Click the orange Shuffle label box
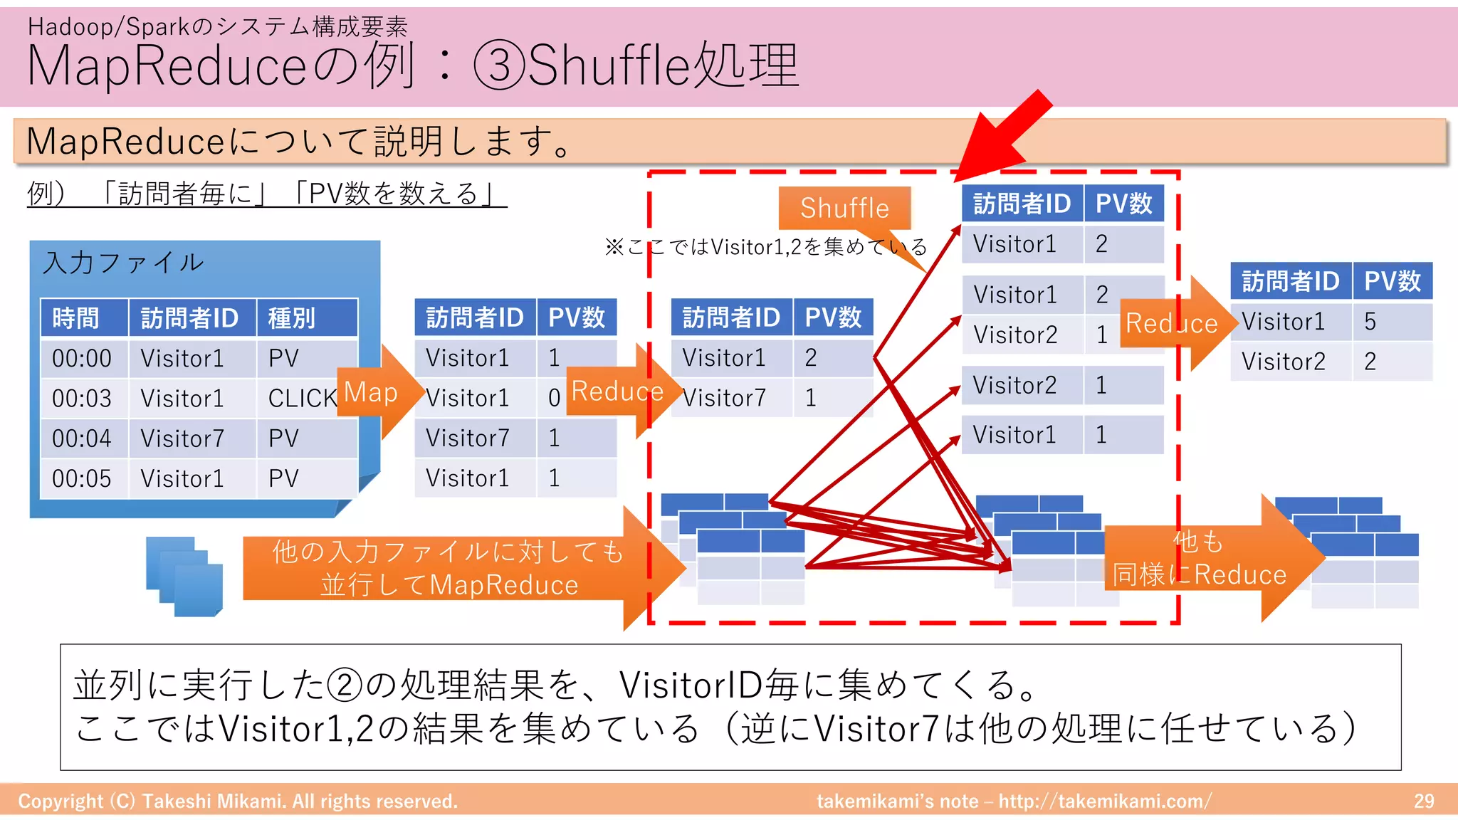[844, 208]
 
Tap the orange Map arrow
[374, 392]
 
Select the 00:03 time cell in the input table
[82, 399]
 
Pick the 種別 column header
[292, 317]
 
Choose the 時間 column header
[76, 317]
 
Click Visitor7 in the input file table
[182, 438]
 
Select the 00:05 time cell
[82, 478]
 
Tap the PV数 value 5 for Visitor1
[1370, 322]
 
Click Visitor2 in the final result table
[1283, 362]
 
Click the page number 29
[1424, 801]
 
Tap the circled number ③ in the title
[500, 65]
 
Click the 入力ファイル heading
[124, 263]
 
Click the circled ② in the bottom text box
[345, 685]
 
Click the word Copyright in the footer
[61, 801]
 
